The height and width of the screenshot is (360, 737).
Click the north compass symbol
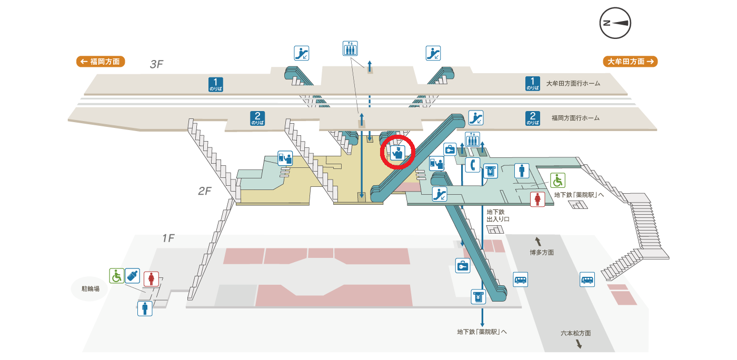[x=615, y=23]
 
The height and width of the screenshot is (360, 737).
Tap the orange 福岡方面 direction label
[x=101, y=62]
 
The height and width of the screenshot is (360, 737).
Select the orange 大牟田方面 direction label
[x=630, y=62]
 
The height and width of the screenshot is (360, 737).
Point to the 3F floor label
[x=157, y=64]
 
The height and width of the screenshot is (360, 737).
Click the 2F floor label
[x=205, y=191]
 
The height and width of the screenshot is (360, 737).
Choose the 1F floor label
[x=168, y=238]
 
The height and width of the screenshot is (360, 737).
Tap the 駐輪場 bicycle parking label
[x=90, y=289]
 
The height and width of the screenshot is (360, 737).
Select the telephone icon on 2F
[x=472, y=165]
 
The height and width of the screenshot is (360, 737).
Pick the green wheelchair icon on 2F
[x=557, y=180]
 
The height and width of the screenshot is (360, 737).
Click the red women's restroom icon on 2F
[x=537, y=199]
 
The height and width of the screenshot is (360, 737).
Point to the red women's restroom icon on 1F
[x=152, y=278]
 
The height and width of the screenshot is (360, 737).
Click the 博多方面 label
[x=542, y=253]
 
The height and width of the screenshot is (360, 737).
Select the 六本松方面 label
[x=575, y=333]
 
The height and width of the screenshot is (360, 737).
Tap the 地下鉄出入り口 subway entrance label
[x=495, y=215]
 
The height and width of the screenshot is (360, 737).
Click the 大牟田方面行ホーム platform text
[x=573, y=83]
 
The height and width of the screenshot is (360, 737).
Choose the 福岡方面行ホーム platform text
[x=575, y=118]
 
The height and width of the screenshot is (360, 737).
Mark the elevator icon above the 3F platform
[x=350, y=48]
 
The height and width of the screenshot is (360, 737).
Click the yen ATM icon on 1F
[x=478, y=297]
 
